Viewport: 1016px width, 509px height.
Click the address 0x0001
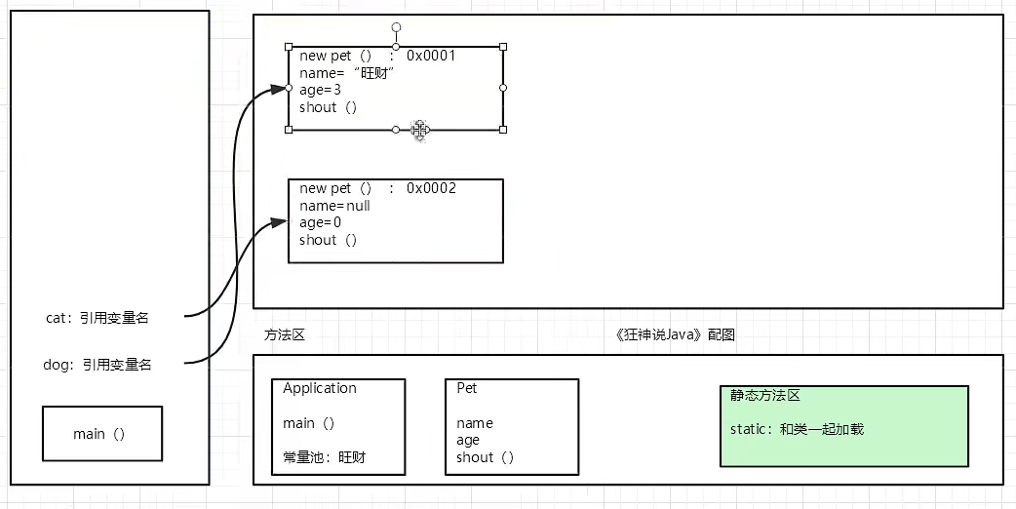coord(431,56)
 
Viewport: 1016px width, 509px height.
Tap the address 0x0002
coord(431,188)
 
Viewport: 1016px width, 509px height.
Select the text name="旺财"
coord(339,73)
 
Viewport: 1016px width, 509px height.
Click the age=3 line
coord(320,90)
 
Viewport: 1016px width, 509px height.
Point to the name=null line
coord(334,206)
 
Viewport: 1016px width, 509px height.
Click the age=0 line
coord(320,222)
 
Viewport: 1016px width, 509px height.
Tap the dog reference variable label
coord(98,365)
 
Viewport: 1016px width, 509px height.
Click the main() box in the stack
coord(101,434)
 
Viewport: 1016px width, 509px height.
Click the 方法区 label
coord(285,334)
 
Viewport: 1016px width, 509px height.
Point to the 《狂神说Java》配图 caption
coord(675,334)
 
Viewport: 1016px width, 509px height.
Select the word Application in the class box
coord(320,388)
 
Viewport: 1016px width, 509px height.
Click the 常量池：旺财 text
coord(324,456)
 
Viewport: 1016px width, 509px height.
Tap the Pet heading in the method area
coord(467,388)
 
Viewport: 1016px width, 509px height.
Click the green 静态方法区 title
coord(764,396)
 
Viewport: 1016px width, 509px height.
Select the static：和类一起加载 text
coord(797,429)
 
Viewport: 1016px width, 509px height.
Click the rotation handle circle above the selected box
coord(396,27)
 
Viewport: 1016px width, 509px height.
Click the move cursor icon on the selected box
coord(420,130)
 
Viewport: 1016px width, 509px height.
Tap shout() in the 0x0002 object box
coord(328,240)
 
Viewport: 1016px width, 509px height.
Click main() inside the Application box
coord(308,423)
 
